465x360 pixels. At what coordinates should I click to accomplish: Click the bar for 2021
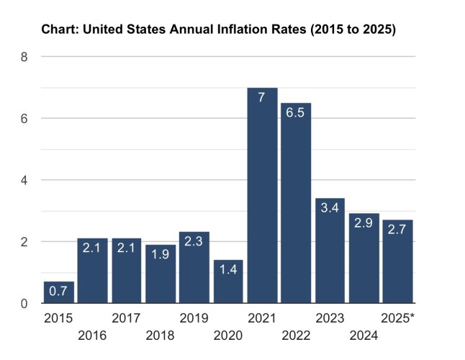coord(263,195)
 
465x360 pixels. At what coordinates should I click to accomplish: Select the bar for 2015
coord(59,292)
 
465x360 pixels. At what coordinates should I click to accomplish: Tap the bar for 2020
coord(228,282)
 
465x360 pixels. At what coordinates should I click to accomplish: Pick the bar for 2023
coord(330,251)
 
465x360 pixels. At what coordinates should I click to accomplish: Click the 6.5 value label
coord(295,113)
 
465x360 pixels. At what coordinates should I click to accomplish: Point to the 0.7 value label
coord(58,291)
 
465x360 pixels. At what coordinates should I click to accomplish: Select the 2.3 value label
coord(194,241)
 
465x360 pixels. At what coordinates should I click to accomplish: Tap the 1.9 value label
coord(160,254)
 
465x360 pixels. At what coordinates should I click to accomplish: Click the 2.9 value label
coord(364,223)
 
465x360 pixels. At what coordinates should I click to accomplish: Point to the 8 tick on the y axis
coord(24,57)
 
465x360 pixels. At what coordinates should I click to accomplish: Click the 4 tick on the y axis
coord(24,180)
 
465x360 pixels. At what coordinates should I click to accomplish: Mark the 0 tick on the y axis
coord(24,304)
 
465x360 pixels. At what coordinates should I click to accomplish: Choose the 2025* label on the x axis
coord(397,318)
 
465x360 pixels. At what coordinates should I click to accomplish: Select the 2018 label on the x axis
coord(160,336)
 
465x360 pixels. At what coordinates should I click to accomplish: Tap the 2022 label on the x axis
coord(296,336)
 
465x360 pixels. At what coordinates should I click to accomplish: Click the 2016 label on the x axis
coord(92,336)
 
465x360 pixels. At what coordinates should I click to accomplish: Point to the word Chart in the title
coord(60,30)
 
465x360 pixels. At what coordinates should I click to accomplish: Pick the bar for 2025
coord(397,261)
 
